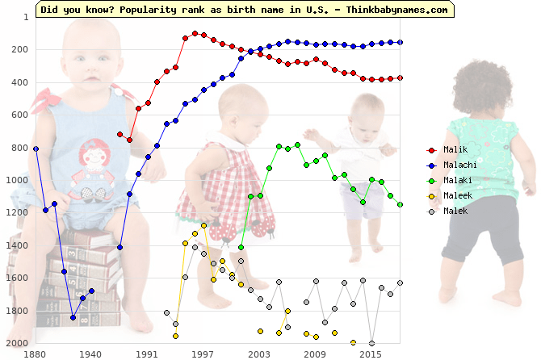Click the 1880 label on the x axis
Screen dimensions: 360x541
(36, 354)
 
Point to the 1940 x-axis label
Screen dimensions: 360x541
(91, 354)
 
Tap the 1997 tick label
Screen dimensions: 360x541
(203, 354)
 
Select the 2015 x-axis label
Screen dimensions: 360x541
(371, 354)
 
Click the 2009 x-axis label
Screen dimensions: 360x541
(315, 354)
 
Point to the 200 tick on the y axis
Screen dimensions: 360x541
(20, 50)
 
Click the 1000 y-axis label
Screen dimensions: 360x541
(18, 180)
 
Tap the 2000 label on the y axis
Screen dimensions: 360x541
(18, 343)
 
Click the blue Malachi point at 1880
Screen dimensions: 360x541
(36, 149)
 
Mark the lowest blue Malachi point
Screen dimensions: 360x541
(73, 317)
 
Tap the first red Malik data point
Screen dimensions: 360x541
(120, 134)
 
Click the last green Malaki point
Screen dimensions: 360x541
(400, 204)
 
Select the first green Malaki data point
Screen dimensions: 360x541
(241, 247)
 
